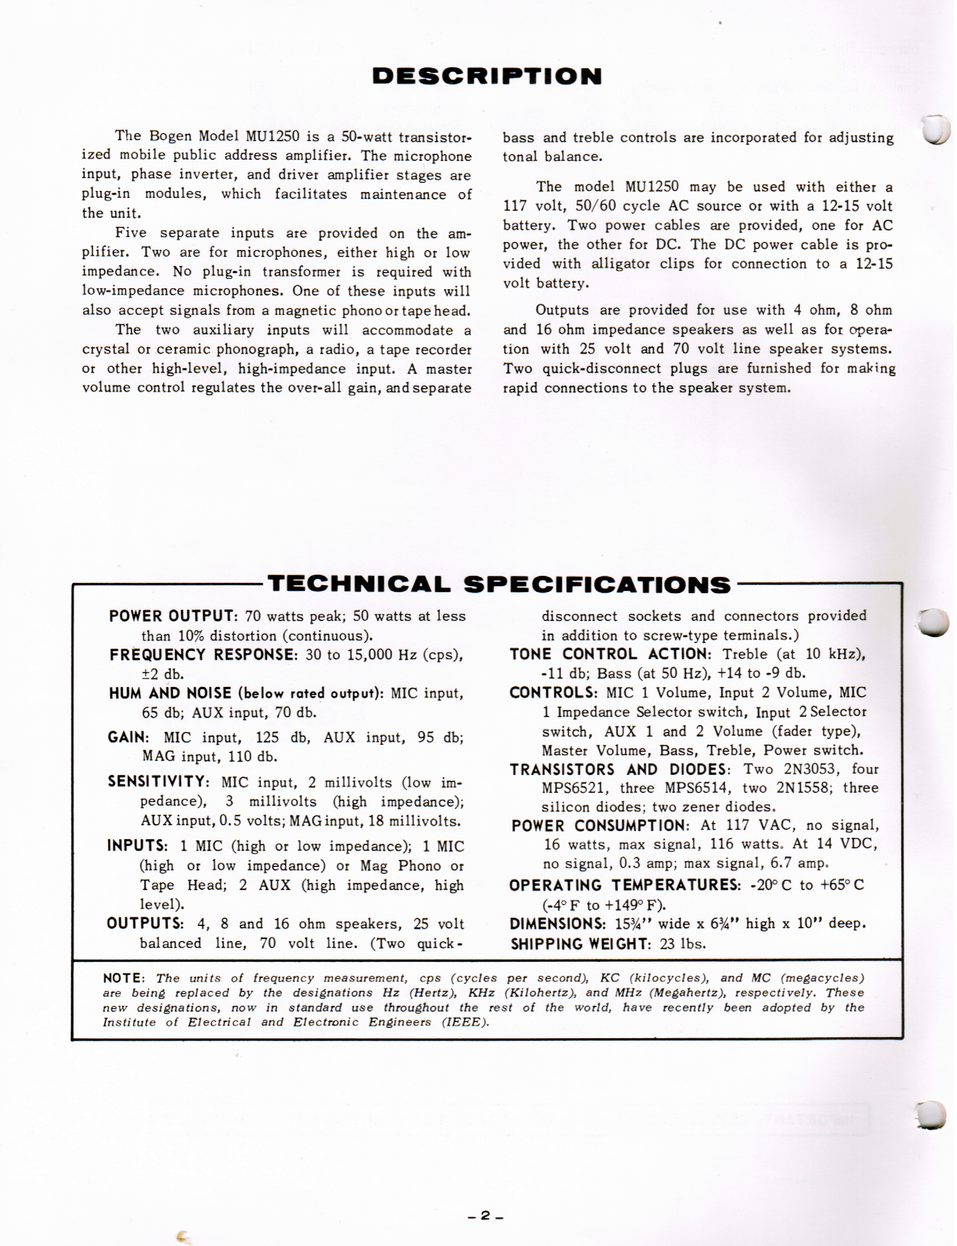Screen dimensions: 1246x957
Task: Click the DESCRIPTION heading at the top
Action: coord(487,76)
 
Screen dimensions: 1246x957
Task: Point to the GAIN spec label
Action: coord(127,737)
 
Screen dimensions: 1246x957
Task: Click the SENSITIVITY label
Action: coord(158,782)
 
